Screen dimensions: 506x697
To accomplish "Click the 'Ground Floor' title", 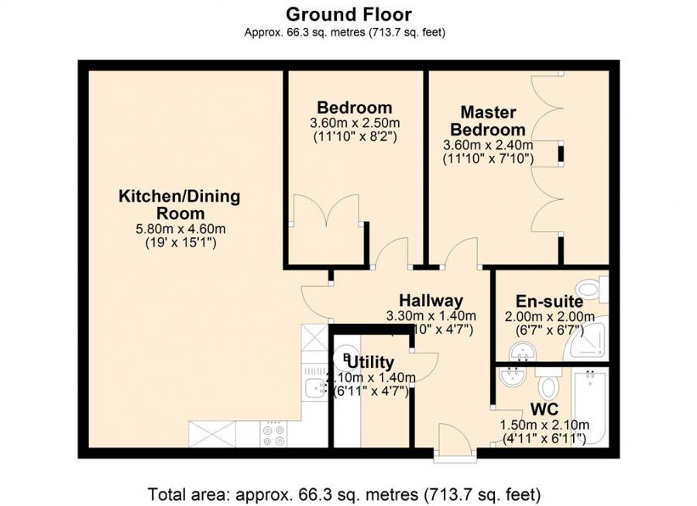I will pyautogui.click(x=348, y=14).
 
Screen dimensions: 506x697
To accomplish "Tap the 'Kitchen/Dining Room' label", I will pyautogui.click(x=179, y=205).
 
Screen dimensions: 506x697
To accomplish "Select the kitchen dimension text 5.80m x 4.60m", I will pyautogui.click(x=179, y=229).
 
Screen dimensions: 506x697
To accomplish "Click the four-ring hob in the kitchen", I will pyautogui.click(x=273, y=434).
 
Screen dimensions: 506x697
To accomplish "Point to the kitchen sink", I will pyautogui.click(x=314, y=388).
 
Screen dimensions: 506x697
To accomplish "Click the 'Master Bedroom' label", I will pyautogui.click(x=488, y=121).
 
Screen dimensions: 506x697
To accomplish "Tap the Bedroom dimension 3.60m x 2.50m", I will pyautogui.click(x=355, y=123).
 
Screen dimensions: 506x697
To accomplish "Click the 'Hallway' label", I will pyautogui.click(x=431, y=301).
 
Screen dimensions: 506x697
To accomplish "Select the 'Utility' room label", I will pyautogui.click(x=371, y=362).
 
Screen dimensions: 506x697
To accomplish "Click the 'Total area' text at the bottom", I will pyautogui.click(x=344, y=494).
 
